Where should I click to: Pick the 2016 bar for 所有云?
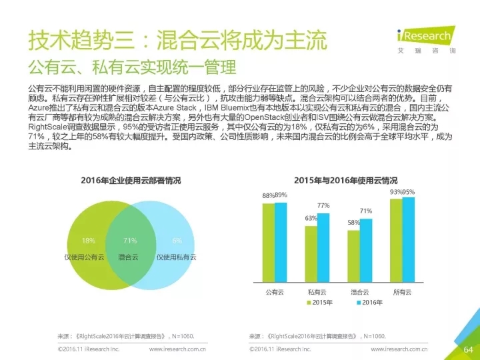409,239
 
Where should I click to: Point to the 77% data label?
323,205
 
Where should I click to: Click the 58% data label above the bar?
353,222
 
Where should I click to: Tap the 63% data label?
311,218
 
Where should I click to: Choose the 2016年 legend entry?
368,302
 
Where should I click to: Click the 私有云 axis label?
317,291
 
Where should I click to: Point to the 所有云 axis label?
403,291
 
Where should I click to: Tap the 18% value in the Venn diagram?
88,241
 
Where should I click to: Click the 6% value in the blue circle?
177,241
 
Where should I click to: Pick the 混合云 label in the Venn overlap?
129,257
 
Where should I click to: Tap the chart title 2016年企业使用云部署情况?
131,180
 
